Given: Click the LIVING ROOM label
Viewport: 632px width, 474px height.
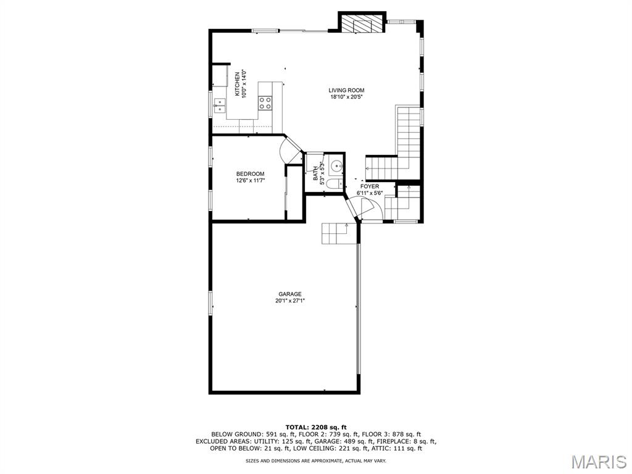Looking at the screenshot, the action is click(x=346, y=90).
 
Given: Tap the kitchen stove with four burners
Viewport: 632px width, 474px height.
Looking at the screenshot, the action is click(x=265, y=103).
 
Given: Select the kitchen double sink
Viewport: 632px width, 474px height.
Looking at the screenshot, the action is click(x=220, y=105).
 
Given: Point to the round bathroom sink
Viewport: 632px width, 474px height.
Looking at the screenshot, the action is click(x=336, y=165).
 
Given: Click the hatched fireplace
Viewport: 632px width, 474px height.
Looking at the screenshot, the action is click(x=362, y=24).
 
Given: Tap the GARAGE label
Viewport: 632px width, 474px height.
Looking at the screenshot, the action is click(x=290, y=294).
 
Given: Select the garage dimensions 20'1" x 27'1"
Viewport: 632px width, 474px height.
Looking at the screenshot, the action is click(x=290, y=301).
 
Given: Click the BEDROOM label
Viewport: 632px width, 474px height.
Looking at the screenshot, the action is click(x=251, y=174).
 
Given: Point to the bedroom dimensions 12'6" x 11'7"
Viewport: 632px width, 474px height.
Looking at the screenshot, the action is click(x=251, y=181).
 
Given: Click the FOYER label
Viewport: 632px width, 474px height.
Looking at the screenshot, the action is click(x=370, y=186).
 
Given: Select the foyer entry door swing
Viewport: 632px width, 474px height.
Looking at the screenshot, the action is click(x=368, y=207).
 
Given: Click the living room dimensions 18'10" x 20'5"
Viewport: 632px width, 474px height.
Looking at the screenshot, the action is click(x=346, y=97).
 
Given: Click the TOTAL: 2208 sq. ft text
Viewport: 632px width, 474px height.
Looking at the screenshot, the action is click(x=316, y=427).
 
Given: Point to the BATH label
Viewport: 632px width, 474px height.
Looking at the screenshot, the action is click(x=315, y=173).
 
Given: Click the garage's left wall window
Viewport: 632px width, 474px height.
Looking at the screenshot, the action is click(x=210, y=303).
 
